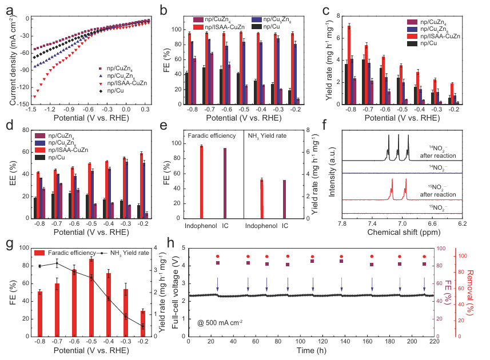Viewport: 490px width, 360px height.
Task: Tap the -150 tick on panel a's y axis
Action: pos(22,105)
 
